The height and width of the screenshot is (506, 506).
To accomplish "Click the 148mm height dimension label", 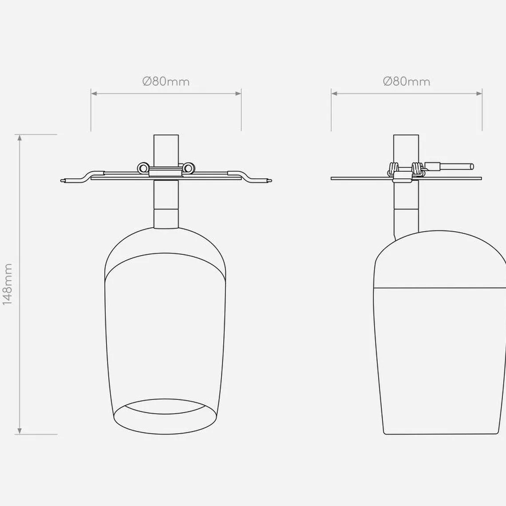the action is [7, 284].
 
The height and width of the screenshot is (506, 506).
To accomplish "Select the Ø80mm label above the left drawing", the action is [166, 81].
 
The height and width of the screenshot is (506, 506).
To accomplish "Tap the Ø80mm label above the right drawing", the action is [407, 81].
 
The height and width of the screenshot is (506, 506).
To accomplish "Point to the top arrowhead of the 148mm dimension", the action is [20, 138].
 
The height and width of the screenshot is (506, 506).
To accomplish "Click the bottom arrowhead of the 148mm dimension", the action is [20, 431].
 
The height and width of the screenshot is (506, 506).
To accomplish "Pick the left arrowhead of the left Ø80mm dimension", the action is [94, 94].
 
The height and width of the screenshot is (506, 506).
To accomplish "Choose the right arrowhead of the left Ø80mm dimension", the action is [238, 94].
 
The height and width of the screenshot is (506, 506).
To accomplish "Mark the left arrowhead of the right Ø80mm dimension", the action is [334, 94].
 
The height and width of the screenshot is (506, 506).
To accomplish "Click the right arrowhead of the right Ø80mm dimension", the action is [479, 94].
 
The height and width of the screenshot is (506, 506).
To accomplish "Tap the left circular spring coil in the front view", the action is [142, 167].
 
